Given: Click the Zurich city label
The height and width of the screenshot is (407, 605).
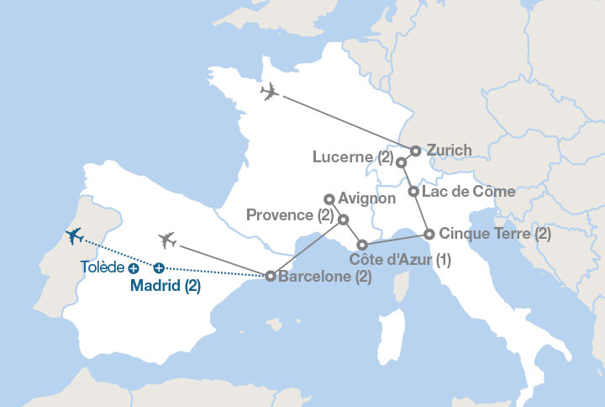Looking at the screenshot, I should coord(449,151).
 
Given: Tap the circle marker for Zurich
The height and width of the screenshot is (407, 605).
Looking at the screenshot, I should coord(415,151).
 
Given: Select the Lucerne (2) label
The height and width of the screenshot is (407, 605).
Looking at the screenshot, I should coord(352,157).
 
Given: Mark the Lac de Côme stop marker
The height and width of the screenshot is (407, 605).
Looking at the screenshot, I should coord(413,192).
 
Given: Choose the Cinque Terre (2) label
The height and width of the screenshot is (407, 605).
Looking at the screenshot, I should coord(495,234).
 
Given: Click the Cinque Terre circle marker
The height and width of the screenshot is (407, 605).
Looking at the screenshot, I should coord(429,234).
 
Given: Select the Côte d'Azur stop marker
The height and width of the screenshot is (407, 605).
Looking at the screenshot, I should coord(362,245).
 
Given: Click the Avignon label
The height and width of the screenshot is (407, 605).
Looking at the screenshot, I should coord(367,199).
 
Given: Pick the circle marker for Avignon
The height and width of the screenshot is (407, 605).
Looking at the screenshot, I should coord(329,199).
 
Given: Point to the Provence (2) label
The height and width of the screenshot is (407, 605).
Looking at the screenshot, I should coord(291,216).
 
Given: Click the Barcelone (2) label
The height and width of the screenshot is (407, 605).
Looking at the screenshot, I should coord(324,276).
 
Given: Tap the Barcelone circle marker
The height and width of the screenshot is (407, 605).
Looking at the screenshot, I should coord(270,275).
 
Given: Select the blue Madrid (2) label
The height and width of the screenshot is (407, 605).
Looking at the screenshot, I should coord(165,286).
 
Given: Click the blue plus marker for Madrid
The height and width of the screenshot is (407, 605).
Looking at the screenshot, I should coord(159,268).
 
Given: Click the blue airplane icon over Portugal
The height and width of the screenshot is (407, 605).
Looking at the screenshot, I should coord(74,236).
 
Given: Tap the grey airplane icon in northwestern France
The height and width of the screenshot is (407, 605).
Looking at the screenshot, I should coord(270,92).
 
